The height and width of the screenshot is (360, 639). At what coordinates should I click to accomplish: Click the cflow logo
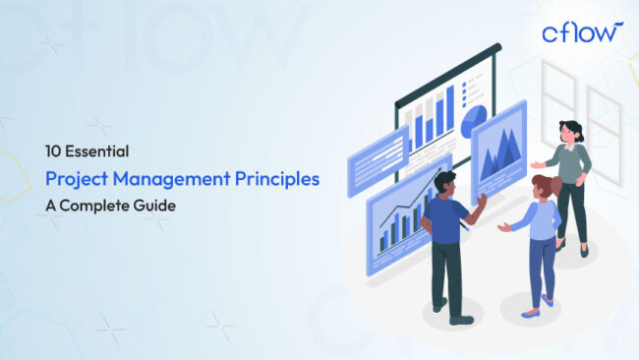[x=581, y=32]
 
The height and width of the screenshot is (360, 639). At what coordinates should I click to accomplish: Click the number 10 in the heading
[x=53, y=151]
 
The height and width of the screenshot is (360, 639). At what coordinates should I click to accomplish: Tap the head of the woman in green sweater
[x=570, y=131]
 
